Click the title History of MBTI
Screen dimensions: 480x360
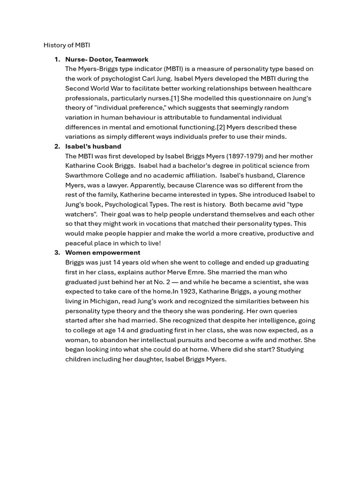(x=67, y=45)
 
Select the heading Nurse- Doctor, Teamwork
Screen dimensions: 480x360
(x=106, y=60)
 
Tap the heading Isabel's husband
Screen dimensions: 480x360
(x=93, y=146)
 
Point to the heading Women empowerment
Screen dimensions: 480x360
(x=103, y=253)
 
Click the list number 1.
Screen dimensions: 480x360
(x=57, y=60)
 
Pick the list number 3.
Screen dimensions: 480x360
(x=57, y=253)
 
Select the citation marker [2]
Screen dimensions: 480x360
(x=220, y=127)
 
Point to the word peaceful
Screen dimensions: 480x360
(x=80, y=243)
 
